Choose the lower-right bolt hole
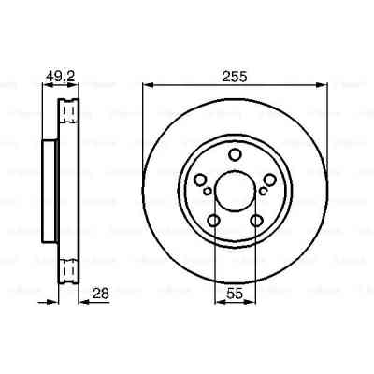pos(255,222)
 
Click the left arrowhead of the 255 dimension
pos(147,86)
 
